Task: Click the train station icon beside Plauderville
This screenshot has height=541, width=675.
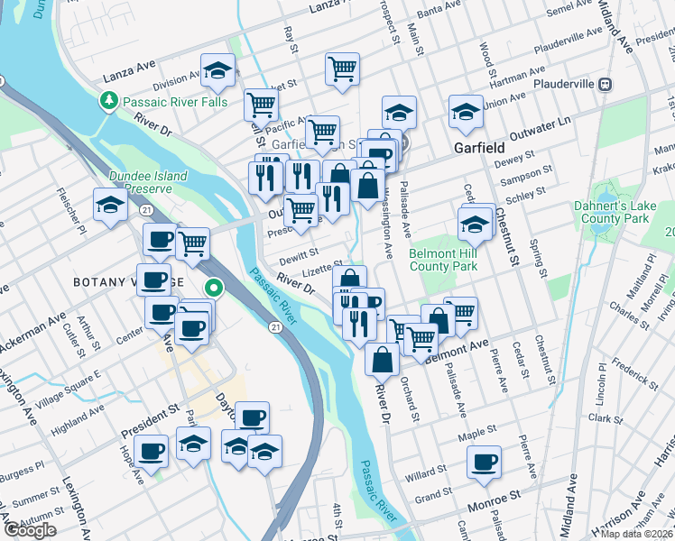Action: point(606,84)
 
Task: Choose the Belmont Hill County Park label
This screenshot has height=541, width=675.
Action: point(443,261)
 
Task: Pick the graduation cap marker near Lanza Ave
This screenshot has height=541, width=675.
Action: point(217,70)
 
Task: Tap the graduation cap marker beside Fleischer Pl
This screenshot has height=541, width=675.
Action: point(110,205)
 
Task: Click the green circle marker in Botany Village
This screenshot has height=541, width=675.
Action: point(214,289)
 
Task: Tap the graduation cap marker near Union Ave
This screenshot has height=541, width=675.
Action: point(467,114)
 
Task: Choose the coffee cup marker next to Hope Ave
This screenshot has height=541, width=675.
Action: point(151,450)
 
